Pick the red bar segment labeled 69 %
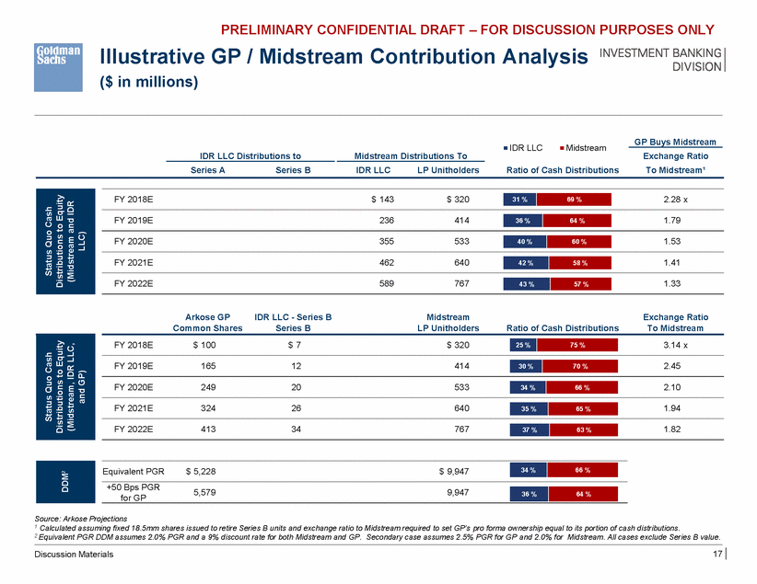pyautogui.click(x=576, y=199)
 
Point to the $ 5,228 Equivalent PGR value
pyautogui.click(x=201, y=471)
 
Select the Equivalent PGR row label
pyautogui.click(x=133, y=471)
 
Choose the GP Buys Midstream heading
pyautogui.click(x=675, y=142)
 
